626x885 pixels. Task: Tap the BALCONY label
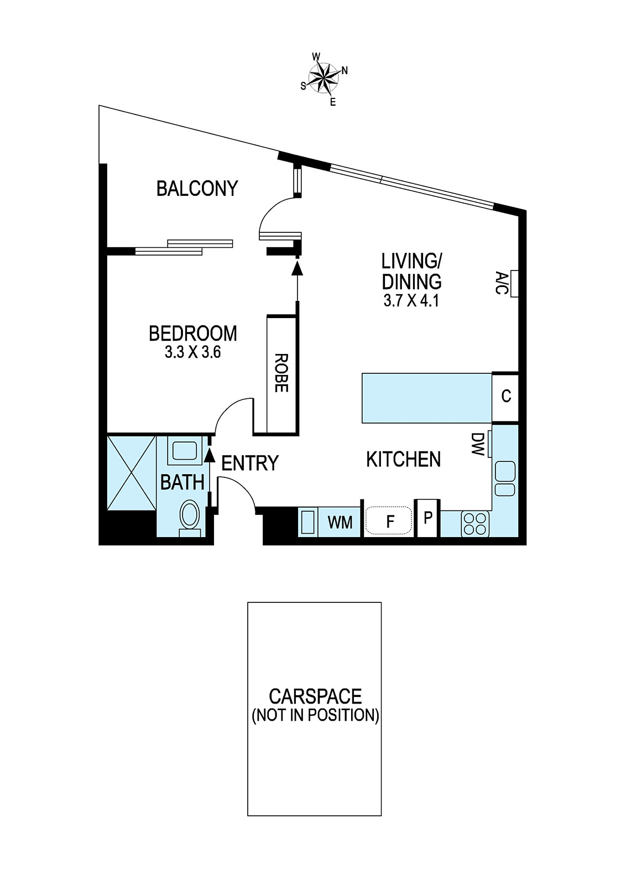point(197,188)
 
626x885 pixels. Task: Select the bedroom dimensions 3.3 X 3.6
point(193,352)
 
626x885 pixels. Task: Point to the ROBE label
point(281,373)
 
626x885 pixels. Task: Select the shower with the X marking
point(132,472)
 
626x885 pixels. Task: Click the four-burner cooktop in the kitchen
point(475,524)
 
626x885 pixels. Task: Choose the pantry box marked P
point(427,518)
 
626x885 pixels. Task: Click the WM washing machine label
point(340,523)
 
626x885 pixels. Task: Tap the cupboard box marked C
point(505,396)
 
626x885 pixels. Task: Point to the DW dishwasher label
point(478,444)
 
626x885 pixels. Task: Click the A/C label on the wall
point(501,282)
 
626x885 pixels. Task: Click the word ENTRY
point(250,463)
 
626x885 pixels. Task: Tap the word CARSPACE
point(315,696)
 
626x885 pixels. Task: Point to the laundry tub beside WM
point(308,523)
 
